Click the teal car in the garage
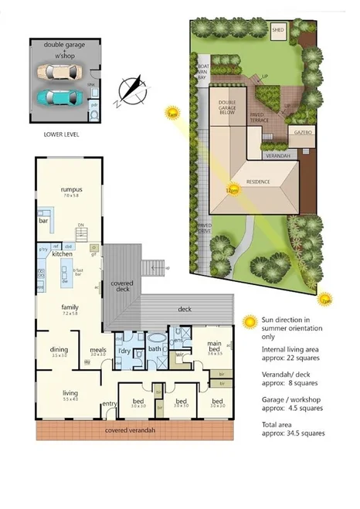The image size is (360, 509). click(x=60, y=97)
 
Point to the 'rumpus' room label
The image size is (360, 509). click(x=71, y=189)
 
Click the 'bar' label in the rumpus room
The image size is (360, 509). click(x=43, y=221)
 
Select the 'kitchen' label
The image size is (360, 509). click(x=62, y=253)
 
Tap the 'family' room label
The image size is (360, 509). click(x=70, y=307)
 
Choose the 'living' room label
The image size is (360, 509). click(x=70, y=393)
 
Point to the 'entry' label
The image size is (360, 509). click(x=109, y=404)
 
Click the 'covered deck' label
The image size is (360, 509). click(x=122, y=287)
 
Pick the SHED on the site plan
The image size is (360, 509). click(x=278, y=31)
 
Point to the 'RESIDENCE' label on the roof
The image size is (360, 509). click(x=258, y=182)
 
